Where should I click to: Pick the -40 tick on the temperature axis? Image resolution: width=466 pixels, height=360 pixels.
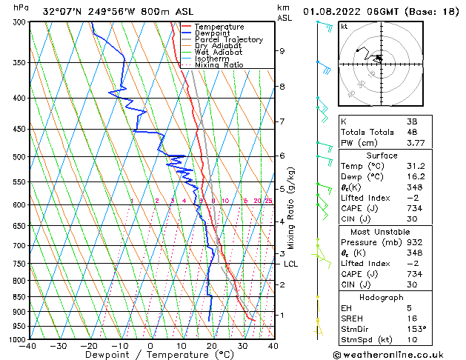pos(28,346)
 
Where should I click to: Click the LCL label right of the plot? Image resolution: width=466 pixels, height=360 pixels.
pos(290,264)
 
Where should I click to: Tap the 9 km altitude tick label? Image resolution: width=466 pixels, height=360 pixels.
pos(282,51)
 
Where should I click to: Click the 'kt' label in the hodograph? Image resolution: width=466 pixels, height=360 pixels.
pos(344,26)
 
